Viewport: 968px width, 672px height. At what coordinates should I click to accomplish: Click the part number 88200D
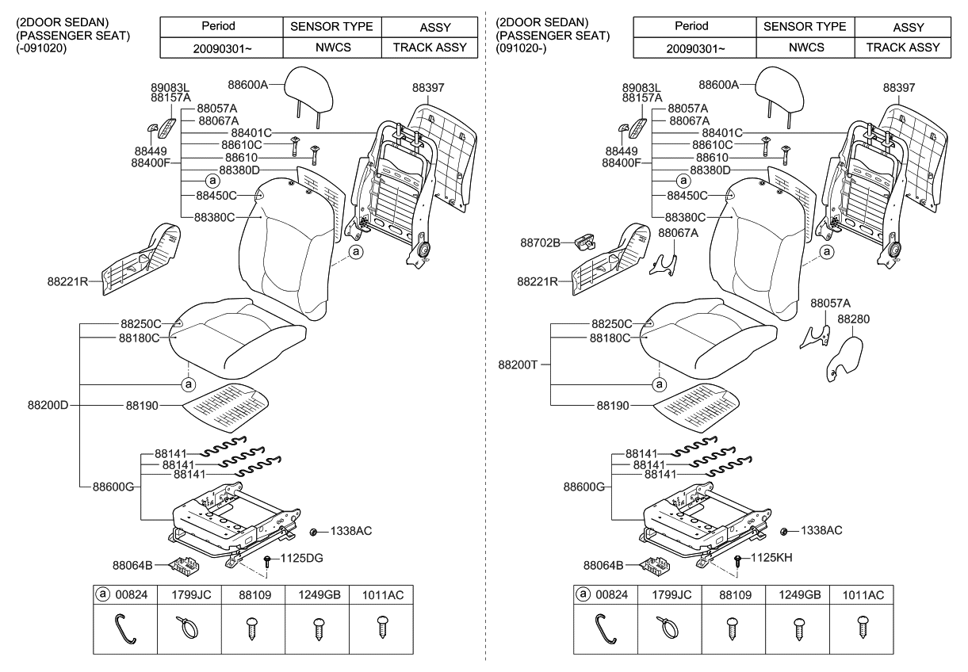48,406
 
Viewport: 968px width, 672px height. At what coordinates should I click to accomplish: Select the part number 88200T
518,365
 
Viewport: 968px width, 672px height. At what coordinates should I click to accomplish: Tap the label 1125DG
302,558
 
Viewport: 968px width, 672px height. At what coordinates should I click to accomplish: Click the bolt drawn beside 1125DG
269,562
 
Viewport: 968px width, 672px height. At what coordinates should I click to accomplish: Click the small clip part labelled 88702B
584,241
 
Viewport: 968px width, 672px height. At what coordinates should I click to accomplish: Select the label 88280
853,319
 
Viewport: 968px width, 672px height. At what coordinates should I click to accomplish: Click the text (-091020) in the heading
41,48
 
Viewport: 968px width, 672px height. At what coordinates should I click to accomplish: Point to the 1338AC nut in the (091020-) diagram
785,531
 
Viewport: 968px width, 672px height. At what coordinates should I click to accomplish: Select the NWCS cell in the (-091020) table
331,47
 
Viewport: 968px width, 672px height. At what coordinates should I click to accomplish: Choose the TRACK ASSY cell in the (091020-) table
902,47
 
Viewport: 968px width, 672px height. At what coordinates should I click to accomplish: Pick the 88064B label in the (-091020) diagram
134,566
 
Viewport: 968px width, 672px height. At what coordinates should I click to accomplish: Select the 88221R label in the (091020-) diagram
539,281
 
